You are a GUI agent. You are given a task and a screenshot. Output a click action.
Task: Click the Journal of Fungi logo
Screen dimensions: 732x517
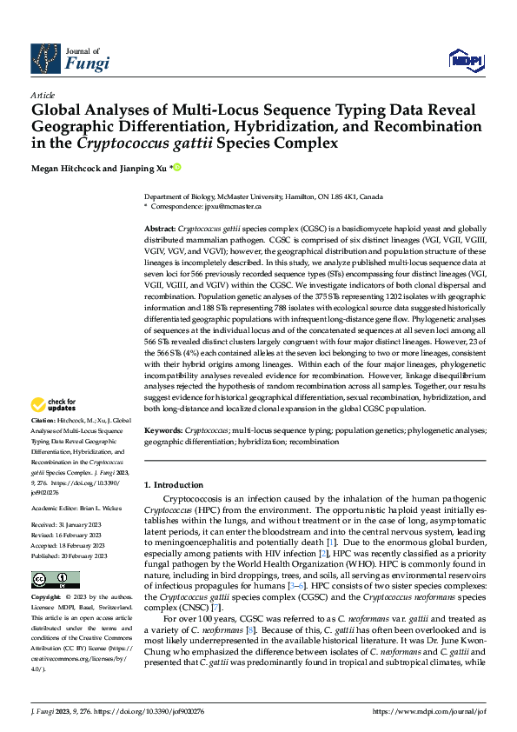coord(70,57)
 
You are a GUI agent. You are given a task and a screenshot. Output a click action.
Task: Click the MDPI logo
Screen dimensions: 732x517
coord(466,58)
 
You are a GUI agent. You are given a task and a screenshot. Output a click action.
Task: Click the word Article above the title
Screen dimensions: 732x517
coord(42,96)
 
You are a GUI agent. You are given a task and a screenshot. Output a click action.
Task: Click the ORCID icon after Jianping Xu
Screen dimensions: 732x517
coord(177,167)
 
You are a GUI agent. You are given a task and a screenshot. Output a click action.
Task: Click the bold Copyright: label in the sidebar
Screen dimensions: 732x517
coord(47,598)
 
